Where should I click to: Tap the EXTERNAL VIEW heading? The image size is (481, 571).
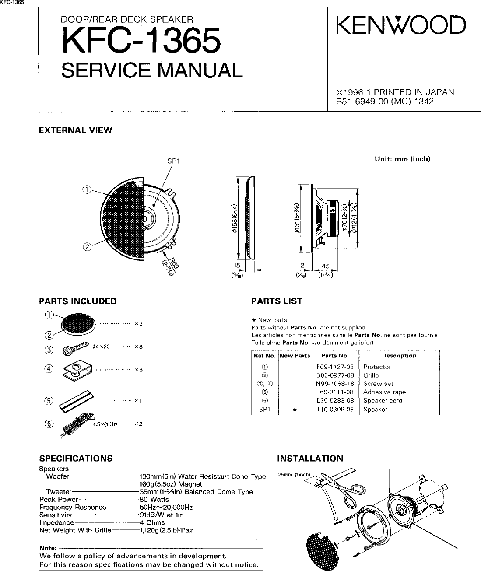coord(75,130)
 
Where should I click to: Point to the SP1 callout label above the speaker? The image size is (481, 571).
coord(174,161)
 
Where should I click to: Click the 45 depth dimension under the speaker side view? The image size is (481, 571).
coord(325,266)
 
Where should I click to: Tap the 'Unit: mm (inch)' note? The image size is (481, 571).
coord(402,159)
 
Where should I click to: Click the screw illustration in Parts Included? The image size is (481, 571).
coord(77,350)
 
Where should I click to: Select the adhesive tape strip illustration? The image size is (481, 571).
coord(77,400)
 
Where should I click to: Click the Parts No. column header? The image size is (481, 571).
coord(334,356)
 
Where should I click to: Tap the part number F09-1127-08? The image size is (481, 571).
coord(335,367)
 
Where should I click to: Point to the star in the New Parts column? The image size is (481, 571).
coord(295,410)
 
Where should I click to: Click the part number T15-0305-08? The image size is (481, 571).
coord(335,410)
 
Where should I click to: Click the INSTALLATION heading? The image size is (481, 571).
coord(310,459)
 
